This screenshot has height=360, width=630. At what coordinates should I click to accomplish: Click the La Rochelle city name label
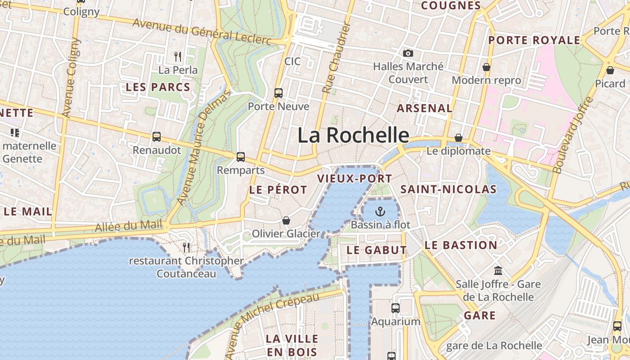[x=353, y=135]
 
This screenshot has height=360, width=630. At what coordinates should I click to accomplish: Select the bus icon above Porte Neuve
[x=279, y=93]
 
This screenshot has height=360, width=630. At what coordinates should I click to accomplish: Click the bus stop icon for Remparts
[x=241, y=157]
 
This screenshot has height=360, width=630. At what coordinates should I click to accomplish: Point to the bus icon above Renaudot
[x=157, y=137]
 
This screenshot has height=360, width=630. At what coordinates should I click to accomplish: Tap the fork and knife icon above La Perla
[x=178, y=57]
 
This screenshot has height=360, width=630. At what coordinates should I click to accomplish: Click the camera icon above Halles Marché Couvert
[x=408, y=54]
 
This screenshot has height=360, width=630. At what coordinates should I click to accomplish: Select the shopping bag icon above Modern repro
[x=486, y=67]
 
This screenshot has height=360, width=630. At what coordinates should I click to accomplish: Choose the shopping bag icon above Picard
[x=610, y=70]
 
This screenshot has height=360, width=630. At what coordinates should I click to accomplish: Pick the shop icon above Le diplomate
[x=459, y=138]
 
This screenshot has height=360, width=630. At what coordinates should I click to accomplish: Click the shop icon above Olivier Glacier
[x=286, y=220]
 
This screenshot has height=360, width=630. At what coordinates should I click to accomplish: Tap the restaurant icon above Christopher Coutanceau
[x=186, y=247]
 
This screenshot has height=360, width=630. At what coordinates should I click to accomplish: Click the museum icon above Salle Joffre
[x=498, y=270]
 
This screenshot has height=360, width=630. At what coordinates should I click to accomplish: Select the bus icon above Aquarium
[x=395, y=308]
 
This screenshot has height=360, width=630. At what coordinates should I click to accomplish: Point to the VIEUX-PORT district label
[x=355, y=179]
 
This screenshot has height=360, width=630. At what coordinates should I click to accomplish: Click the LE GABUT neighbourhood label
[x=377, y=250]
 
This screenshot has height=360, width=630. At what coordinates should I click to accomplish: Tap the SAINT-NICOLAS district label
[x=448, y=189]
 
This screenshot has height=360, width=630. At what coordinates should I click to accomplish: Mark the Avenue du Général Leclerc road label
[x=202, y=32]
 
